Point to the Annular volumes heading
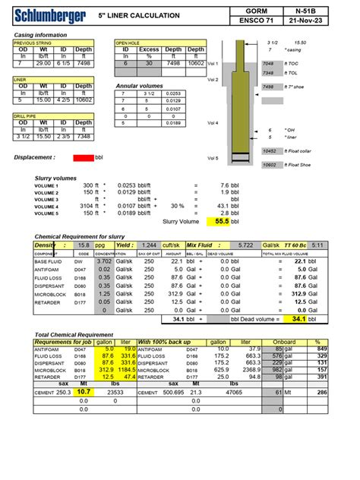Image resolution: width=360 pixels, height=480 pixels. pos(141,87)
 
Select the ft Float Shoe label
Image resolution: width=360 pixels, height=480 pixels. pos(295,165)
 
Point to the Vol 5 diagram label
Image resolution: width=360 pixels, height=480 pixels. pos(213,158)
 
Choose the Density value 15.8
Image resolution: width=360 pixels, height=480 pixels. pos(85,246)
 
